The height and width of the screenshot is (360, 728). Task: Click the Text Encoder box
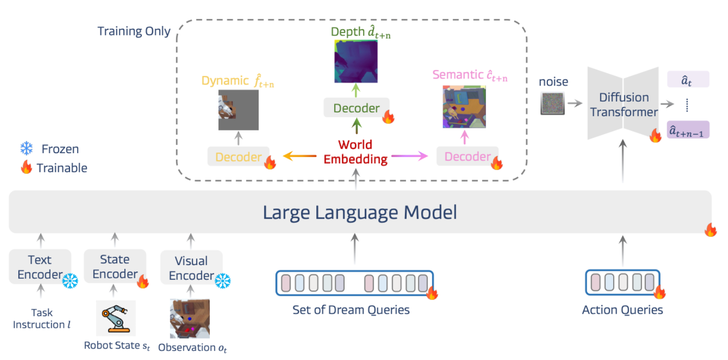40,267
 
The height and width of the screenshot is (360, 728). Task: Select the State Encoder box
115,266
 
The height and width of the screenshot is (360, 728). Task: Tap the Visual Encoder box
191,267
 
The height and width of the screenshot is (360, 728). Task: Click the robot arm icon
116,318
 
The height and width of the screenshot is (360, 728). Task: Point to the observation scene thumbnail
190,319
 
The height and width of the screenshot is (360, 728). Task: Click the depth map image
356,61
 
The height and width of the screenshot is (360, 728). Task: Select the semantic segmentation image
464,107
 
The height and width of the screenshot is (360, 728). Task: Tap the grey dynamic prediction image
238,110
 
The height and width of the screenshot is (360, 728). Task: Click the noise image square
553,103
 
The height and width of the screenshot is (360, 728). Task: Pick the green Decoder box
356,108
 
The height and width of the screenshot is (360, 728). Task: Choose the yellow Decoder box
239,156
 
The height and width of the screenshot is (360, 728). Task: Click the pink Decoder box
468,156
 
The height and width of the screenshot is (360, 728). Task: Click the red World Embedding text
355,152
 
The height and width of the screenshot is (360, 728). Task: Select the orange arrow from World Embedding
300,156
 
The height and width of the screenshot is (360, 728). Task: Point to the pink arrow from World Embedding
410,156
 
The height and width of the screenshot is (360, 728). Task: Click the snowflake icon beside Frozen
26,148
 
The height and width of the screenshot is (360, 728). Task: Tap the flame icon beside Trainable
26,167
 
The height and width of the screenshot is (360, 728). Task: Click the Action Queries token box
623,282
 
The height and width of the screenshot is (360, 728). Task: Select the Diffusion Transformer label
624,104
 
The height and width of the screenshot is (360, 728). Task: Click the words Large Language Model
360,212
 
